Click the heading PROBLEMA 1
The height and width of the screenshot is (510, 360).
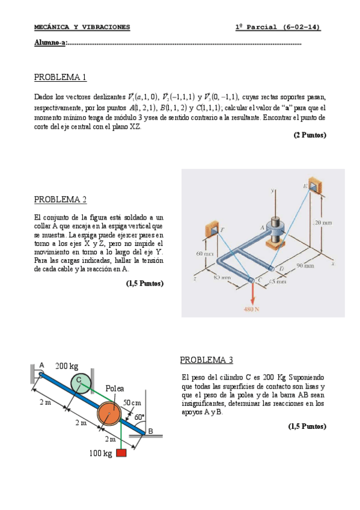click(60, 77)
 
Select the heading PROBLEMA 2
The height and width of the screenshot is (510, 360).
click(60, 200)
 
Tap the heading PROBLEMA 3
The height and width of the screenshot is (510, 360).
click(206, 360)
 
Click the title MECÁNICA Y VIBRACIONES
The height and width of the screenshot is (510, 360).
click(82, 27)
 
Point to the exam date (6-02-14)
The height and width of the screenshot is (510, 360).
click(302, 27)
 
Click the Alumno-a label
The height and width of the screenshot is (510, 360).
click(50, 43)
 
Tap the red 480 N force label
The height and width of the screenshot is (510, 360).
click(251, 309)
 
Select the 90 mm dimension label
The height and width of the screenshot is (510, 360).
click(305, 266)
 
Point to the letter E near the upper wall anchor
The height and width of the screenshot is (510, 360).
click(305, 186)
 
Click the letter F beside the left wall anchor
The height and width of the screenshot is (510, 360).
click(222, 230)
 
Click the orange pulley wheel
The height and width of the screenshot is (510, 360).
click(109, 413)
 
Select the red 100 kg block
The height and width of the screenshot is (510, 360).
click(121, 452)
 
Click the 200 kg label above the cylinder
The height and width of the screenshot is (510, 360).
click(67, 366)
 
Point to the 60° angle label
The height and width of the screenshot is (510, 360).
click(139, 417)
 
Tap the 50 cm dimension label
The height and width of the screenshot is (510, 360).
click(132, 403)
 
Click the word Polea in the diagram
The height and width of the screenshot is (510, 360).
click(114, 389)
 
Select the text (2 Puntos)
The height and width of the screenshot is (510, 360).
click(310, 135)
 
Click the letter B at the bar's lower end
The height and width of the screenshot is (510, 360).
click(151, 431)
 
